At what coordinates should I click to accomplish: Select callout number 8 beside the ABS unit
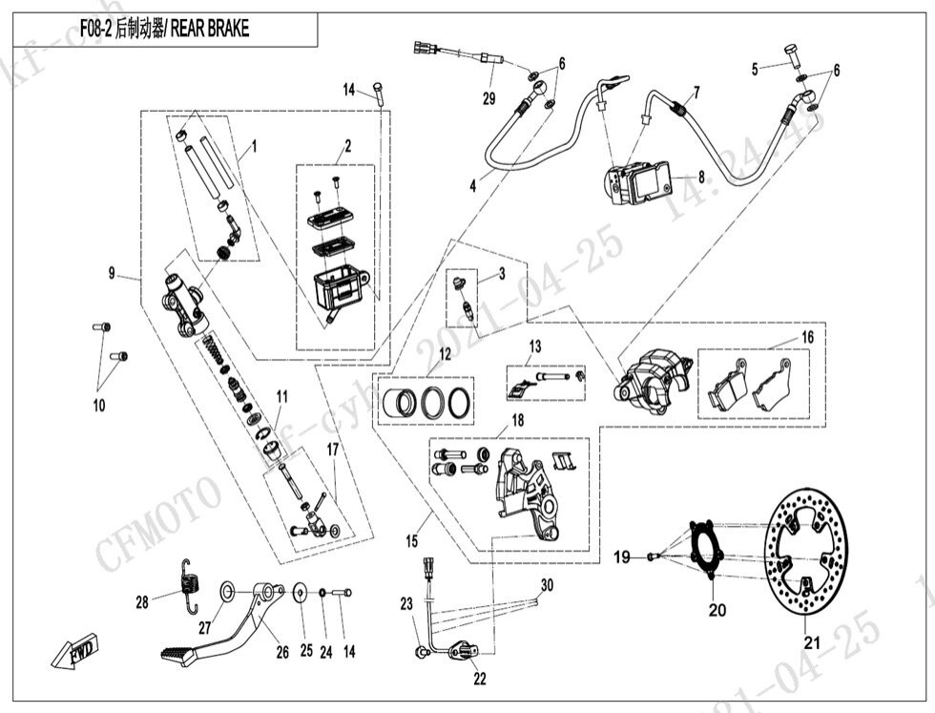point(701,177)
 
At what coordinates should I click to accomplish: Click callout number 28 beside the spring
point(142,602)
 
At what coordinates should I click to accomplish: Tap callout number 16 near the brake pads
point(807,337)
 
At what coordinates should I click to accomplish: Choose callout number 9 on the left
point(112,274)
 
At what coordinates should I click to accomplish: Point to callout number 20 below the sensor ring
point(716,608)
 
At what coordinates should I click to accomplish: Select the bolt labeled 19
point(653,556)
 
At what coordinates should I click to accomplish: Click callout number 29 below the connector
point(488,99)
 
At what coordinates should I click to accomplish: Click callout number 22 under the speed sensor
point(479,679)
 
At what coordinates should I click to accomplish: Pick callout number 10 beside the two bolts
point(98,406)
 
